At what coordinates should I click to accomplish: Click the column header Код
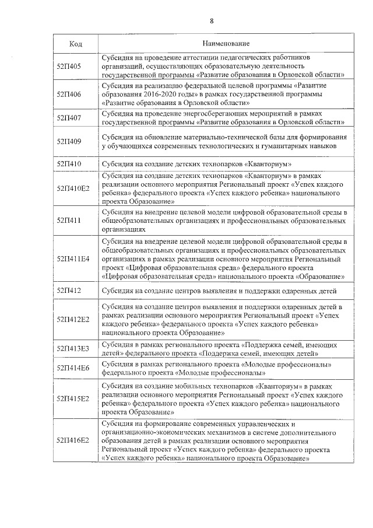click(75, 44)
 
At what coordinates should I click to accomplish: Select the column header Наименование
click(226, 44)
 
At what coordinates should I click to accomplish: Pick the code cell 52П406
click(69, 94)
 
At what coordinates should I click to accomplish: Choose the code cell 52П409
click(69, 141)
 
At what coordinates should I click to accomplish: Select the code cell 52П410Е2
click(73, 188)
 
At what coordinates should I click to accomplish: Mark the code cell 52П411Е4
click(73, 257)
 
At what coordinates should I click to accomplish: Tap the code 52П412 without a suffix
click(69, 290)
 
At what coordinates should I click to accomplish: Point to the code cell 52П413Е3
click(73, 348)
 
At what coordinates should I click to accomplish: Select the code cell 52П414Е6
click(73, 368)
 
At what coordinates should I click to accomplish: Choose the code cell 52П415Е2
click(73, 398)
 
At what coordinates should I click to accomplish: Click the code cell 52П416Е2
click(73, 440)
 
